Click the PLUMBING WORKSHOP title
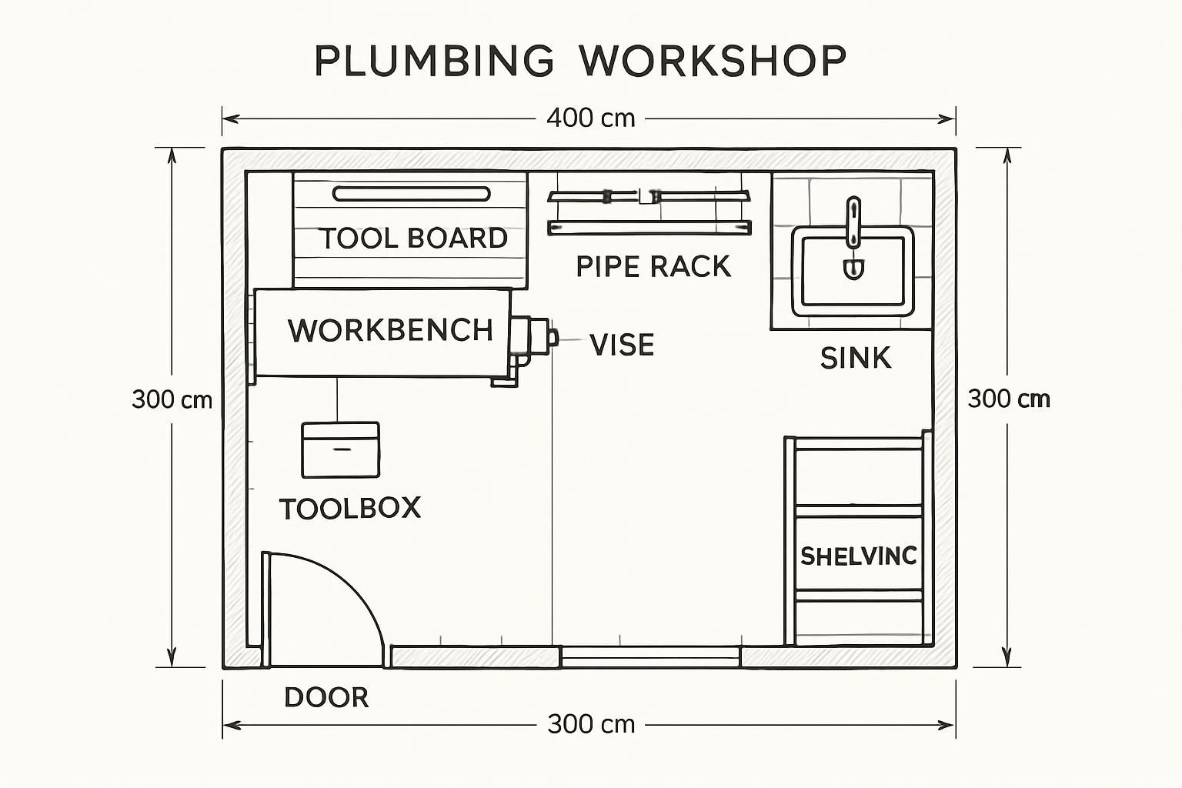[581, 60]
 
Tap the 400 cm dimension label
[590, 118]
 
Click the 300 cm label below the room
[590, 724]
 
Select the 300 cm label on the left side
[172, 399]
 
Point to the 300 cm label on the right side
[1008, 399]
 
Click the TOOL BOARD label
[413, 238]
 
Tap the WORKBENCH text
[390, 330]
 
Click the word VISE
[622, 345]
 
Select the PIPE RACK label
[653, 266]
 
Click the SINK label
[856, 358]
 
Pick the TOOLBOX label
[350, 508]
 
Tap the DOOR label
[326, 697]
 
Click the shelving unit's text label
[859, 556]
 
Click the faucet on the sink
[853, 223]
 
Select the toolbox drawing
[340, 449]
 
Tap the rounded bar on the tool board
[411, 193]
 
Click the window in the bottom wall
[650, 656]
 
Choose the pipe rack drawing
[649, 212]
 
